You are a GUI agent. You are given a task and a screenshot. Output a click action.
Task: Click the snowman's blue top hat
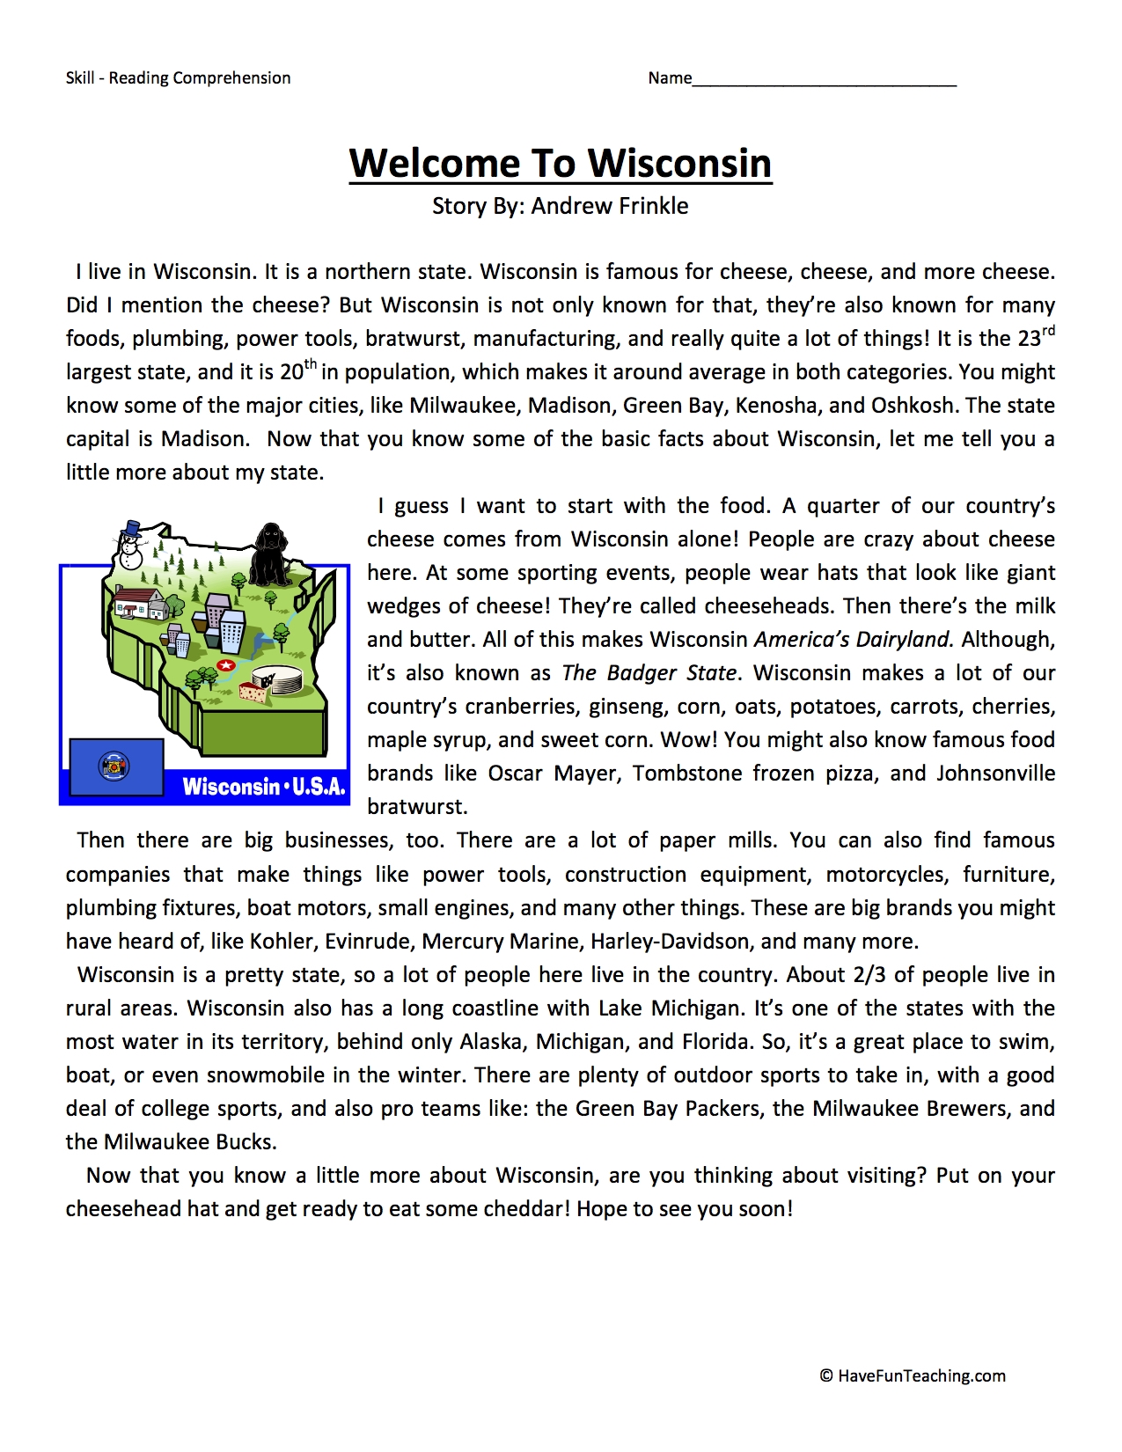131,528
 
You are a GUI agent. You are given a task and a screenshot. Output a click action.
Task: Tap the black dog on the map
271,554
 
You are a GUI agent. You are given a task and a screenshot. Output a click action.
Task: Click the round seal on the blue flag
114,766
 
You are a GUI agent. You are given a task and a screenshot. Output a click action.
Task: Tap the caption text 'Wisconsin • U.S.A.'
263,786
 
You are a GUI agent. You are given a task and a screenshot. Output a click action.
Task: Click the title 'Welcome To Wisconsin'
561,164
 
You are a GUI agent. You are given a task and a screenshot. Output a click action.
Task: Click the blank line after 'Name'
824,79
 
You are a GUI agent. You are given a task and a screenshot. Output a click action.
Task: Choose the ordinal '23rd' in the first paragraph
1030,337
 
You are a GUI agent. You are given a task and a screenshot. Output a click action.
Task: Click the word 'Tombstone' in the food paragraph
685,774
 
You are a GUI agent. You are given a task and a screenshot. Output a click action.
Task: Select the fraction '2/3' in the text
869,975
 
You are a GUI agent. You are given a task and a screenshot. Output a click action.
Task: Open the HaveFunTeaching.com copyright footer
913,1376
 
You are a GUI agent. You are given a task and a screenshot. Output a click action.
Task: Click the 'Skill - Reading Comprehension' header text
178,78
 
